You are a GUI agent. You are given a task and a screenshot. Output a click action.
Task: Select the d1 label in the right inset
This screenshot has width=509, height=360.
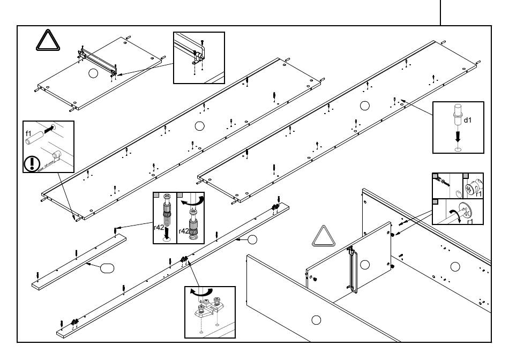(x=468, y=120)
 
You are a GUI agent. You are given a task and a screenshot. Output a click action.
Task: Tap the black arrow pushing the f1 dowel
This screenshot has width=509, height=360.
(x=49, y=129)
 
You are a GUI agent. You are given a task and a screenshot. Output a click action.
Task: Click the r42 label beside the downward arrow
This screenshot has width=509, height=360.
(x=158, y=227)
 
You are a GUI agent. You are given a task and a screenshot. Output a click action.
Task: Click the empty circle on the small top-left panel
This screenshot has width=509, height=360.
(x=93, y=74)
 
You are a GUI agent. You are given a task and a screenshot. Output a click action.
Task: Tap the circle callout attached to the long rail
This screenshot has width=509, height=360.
(x=252, y=239)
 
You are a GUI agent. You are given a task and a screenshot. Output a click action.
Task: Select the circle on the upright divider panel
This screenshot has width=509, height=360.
(x=365, y=264)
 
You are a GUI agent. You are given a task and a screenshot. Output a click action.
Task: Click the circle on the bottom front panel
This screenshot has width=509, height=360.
(x=316, y=320)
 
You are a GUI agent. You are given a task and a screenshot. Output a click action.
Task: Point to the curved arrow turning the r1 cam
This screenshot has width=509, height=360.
(x=456, y=213)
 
